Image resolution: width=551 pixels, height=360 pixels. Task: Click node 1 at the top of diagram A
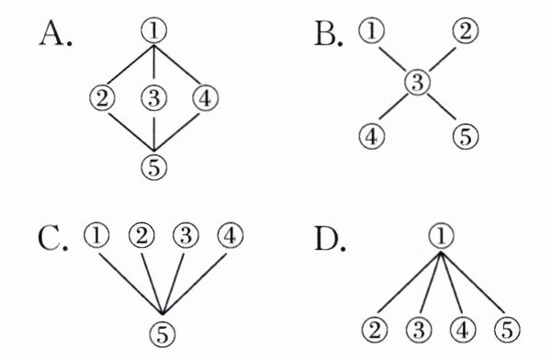pos(154,31)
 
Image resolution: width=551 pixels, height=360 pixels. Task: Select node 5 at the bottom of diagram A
pos(154,167)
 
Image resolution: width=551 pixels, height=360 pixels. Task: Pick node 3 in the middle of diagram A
pos(154,98)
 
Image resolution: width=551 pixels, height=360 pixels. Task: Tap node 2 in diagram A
pos(102,98)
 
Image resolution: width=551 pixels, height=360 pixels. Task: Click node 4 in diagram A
pos(206,98)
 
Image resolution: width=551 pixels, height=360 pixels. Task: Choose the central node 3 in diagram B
pos(417,83)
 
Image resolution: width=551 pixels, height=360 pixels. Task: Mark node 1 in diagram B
pos(372,30)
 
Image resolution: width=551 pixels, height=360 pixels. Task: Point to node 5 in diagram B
pos(466,137)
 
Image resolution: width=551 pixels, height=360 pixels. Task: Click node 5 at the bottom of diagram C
pos(163,334)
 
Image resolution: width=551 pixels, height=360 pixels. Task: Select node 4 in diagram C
pos(231,235)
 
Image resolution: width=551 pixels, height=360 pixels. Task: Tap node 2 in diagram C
pos(141,235)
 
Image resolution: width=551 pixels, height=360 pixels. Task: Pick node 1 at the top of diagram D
pos(442,235)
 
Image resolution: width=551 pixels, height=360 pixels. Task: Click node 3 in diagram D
pos(419,331)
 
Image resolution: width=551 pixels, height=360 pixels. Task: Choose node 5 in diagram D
pos(507,331)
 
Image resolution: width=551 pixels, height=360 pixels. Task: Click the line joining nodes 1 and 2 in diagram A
pos(129,64)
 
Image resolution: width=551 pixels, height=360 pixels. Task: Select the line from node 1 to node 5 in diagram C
pos(130,284)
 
